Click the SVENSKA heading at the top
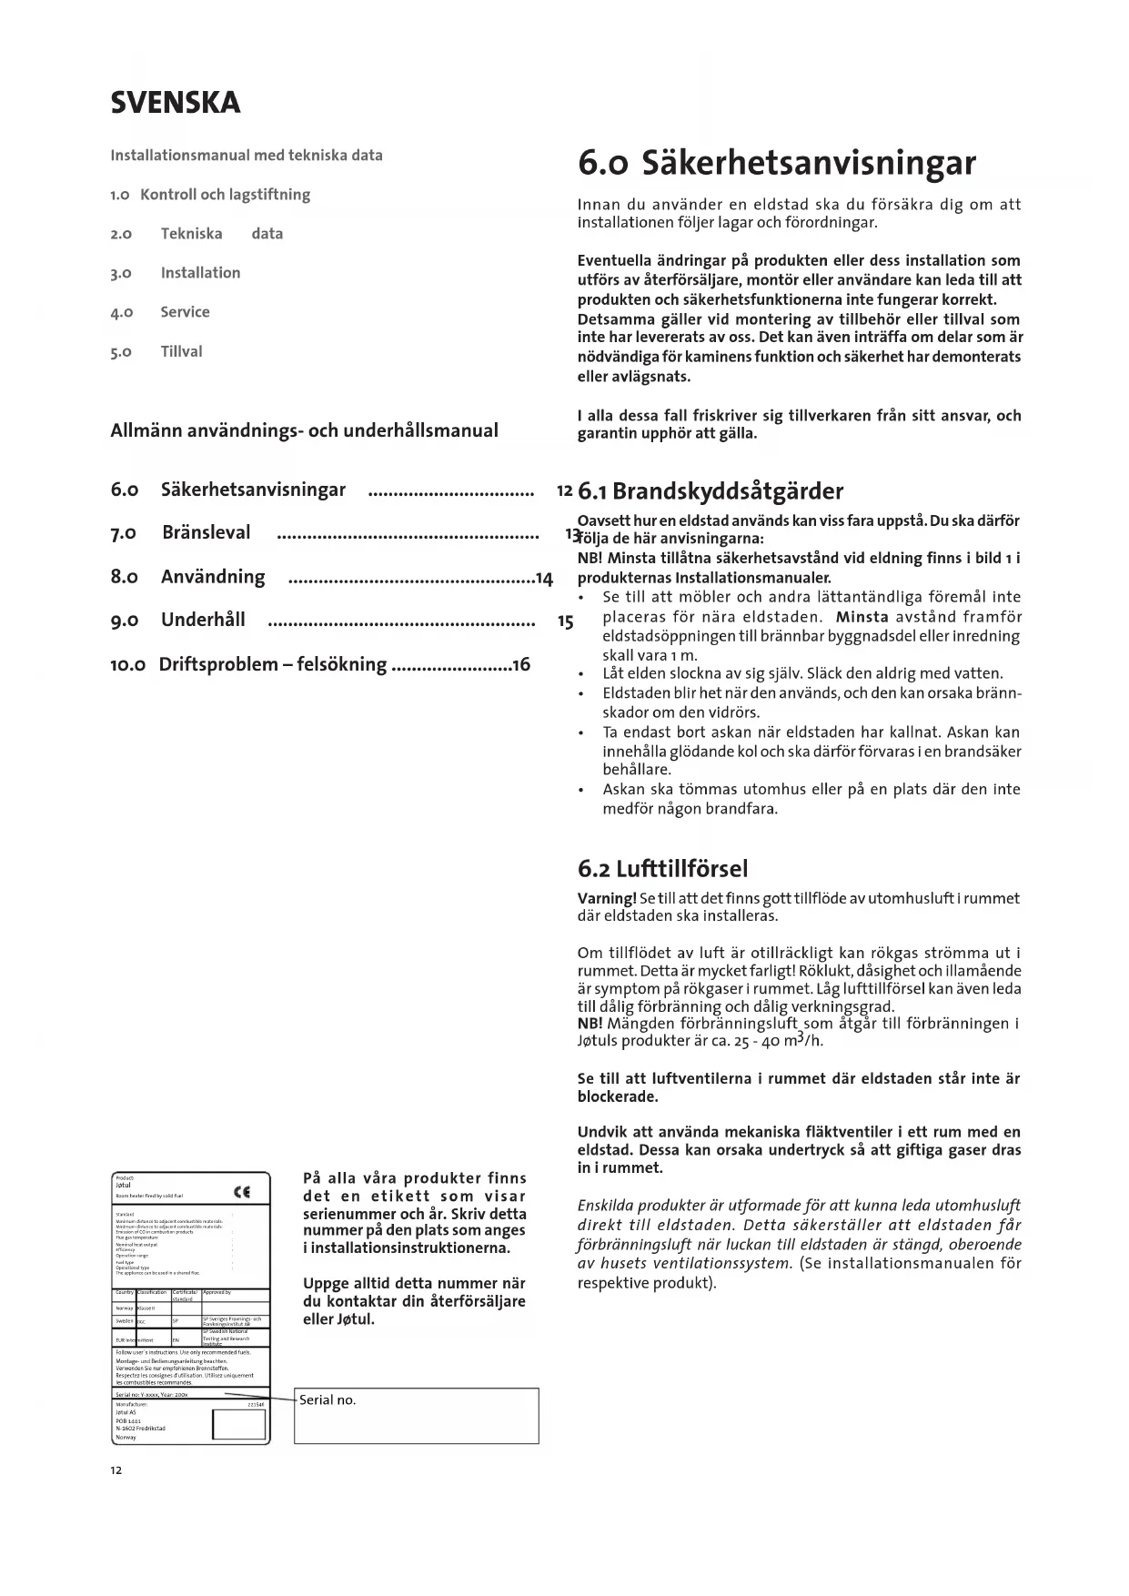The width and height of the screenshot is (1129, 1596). pyautogui.click(x=176, y=103)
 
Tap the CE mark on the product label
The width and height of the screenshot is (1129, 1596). pyautogui.click(x=242, y=1192)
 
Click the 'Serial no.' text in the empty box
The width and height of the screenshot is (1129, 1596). pyautogui.click(x=328, y=1400)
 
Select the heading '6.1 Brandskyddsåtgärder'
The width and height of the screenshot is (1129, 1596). pyautogui.click(x=711, y=492)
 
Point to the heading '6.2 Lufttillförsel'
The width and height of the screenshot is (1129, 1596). pyautogui.click(x=662, y=869)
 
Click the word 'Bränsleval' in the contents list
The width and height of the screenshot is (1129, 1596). pyautogui.click(x=207, y=532)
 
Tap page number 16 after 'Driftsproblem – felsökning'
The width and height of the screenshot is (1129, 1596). pyautogui.click(x=521, y=664)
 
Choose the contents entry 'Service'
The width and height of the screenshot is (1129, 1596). pyautogui.click(x=185, y=312)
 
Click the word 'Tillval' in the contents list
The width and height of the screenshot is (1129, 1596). pyautogui.click(x=181, y=351)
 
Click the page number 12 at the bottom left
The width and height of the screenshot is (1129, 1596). pyautogui.click(x=116, y=1470)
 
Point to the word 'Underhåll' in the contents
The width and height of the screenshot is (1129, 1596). pyautogui.click(x=203, y=621)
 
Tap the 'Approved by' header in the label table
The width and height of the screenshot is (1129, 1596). pyautogui.click(x=217, y=1292)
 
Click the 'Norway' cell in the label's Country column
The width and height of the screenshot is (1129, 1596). pyautogui.click(x=125, y=1308)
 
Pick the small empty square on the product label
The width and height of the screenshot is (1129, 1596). pyautogui.click(x=226, y=1424)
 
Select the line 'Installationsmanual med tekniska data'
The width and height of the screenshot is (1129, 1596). pyautogui.click(x=247, y=156)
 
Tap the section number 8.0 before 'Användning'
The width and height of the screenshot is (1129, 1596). pyautogui.click(x=125, y=577)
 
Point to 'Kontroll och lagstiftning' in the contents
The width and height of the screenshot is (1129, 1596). pyautogui.click(x=226, y=195)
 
